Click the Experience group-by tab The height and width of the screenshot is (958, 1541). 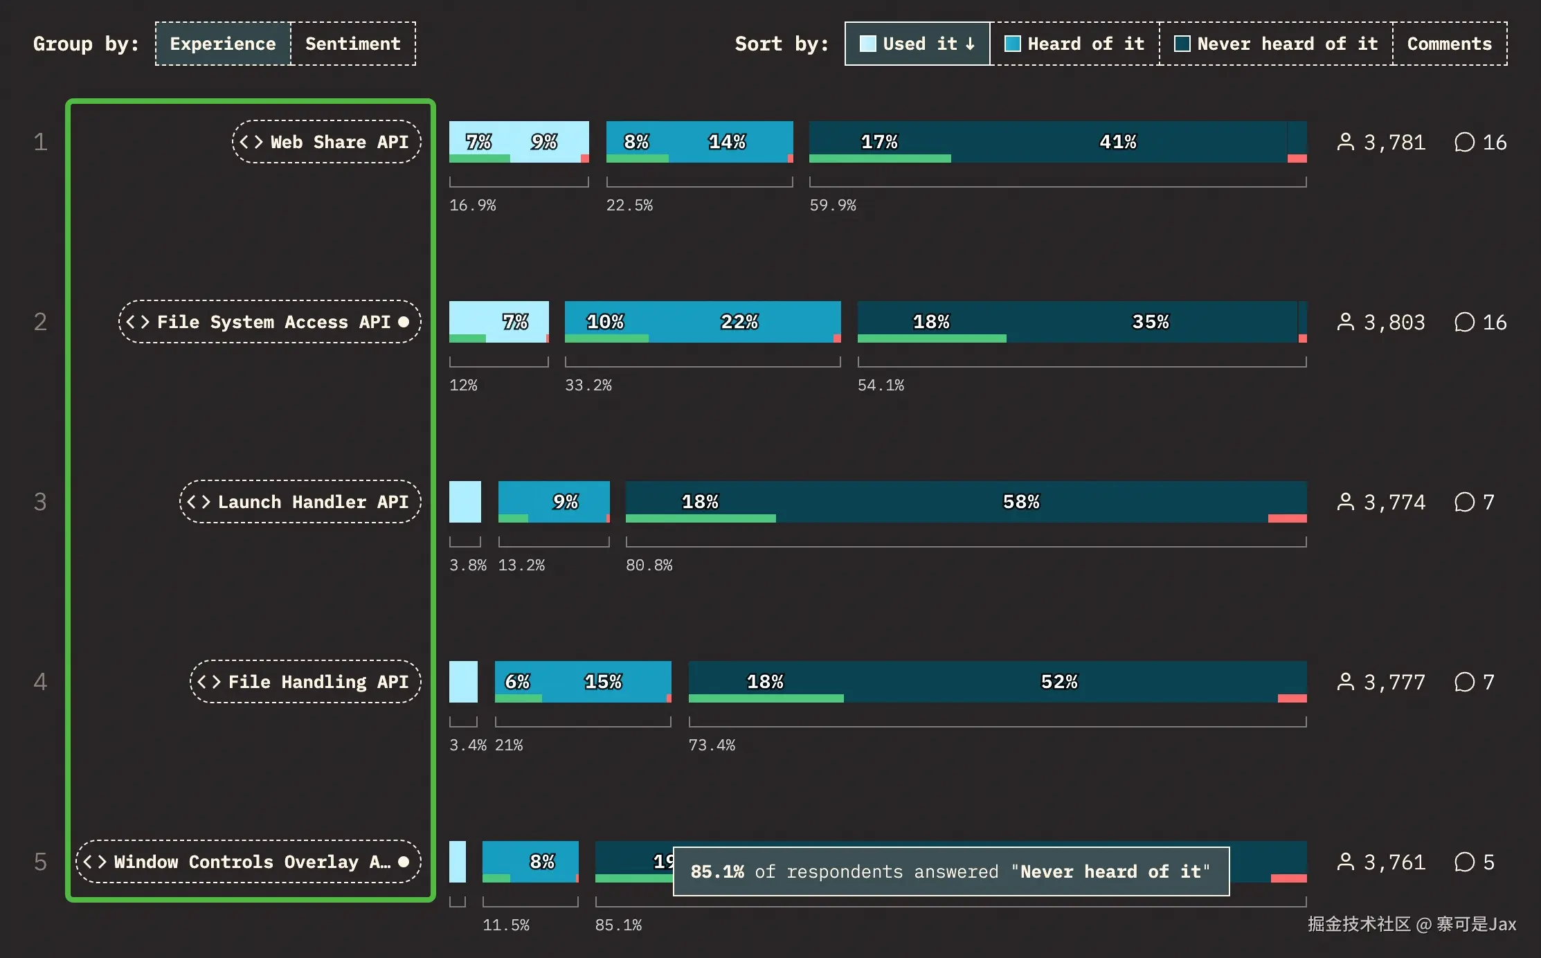(222, 44)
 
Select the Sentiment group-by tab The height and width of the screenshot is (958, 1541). (352, 44)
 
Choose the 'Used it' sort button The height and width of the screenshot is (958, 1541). (917, 44)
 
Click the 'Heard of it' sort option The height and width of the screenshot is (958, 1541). (1074, 44)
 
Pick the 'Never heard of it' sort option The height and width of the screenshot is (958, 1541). (1276, 44)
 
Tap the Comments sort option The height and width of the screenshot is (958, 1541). (1450, 44)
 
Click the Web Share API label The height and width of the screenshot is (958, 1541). (326, 142)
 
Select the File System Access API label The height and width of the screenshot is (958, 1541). (269, 322)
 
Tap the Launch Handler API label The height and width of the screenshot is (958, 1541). (300, 502)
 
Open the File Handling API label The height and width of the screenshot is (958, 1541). (305, 682)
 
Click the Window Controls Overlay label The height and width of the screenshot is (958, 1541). (248, 862)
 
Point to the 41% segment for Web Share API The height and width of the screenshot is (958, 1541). (1118, 141)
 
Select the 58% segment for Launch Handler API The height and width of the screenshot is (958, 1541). (1022, 501)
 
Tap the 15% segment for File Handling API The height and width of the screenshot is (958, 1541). (604, 681)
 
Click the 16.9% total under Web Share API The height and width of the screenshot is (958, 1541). (473, 206)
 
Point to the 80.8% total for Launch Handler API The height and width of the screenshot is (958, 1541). (649, 566)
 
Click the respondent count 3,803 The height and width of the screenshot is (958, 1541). (1394, 323)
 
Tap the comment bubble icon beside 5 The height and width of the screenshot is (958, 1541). (1464, 862)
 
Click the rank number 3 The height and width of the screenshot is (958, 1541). (40, 502)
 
